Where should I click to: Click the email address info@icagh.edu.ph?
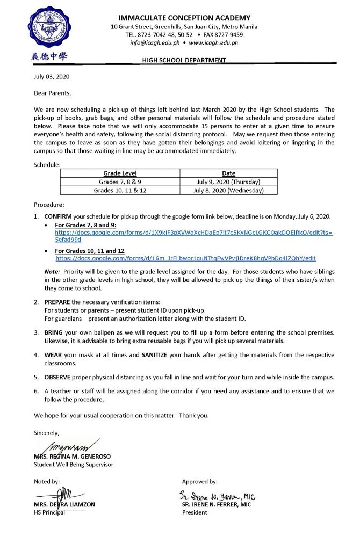[153, 42]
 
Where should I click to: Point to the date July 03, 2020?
[52, 76]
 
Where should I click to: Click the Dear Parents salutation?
[52, 93]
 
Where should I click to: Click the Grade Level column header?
[120, 173]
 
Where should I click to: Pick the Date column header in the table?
[228, 173]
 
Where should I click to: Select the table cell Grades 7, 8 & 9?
[120, 182]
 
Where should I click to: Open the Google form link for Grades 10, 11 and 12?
[185, 258]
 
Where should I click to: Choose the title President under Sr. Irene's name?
[194, 512]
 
